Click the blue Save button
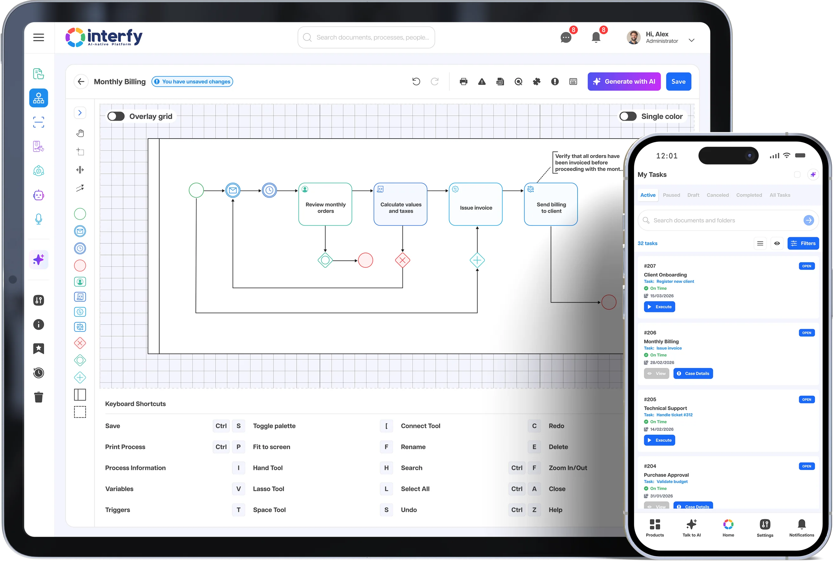(678, 82)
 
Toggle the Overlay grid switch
(116, 116)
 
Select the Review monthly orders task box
(325, 204)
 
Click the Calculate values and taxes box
(400, 204)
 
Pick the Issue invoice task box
(475, 204)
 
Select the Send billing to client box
(551, 204)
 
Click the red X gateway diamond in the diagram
(402, 260)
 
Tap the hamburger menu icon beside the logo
(39, 37)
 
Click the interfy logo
(104, 37)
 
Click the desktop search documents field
(366, 37)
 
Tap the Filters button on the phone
(803, 243)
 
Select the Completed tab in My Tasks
(749, 195)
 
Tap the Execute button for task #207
(659, 307)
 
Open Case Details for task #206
(693, 374)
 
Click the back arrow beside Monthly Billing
(81, 82)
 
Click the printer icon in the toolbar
(463, 82)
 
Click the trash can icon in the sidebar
(39, 397)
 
